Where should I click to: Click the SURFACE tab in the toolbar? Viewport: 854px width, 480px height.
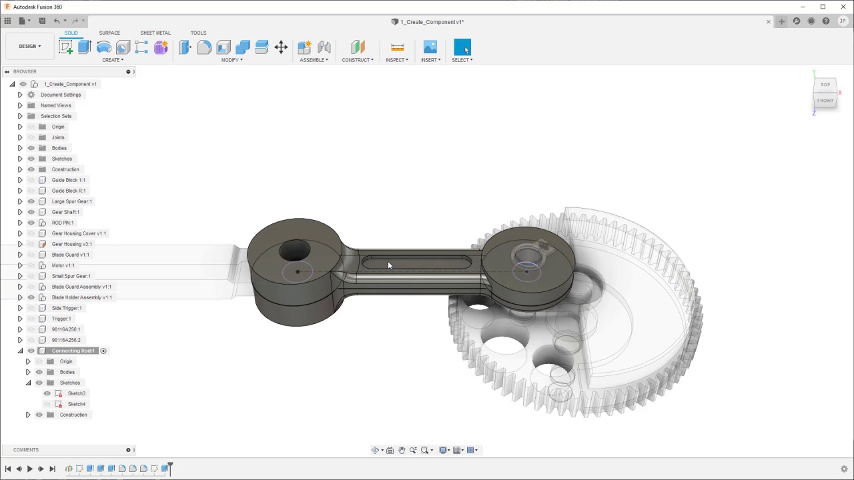click(x=109, y=33)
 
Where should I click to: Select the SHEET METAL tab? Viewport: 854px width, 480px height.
click(x=155, y=33)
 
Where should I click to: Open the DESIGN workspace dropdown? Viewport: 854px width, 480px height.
click(x=29, y=46)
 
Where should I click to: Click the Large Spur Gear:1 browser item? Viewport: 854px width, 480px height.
click(x=71, y=201)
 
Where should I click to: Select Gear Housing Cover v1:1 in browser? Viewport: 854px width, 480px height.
click(x=79, y=233)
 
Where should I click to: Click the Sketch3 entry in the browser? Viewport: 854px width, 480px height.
click(x=76, y=393)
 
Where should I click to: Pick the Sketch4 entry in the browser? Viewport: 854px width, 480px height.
click(x=76, y=404)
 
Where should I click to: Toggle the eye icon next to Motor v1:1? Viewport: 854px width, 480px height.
click(x=31, y=265)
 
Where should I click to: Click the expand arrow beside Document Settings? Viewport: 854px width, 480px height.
click(x=20, y=95)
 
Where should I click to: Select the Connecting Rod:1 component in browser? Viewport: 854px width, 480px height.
click(x=73, y=351)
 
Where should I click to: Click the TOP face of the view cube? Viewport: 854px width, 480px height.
click(x=825, y=85)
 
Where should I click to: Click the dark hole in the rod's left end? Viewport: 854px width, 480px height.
click(x=294, y=251)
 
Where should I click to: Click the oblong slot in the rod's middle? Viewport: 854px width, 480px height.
click(x=416, y=263)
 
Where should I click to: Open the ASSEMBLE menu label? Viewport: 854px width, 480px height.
click(x=313, y=60)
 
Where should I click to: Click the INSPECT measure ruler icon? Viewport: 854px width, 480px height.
click(x=397, y=47)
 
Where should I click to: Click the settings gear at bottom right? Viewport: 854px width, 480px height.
click(x=844, y=469)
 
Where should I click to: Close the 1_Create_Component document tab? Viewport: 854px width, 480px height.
click(x=768, y=22)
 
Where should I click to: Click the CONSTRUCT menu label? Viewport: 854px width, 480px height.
click(x=357, y=60)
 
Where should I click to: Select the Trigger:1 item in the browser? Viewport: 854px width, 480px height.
click(x=61, y=319)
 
